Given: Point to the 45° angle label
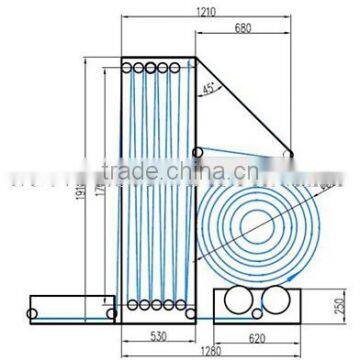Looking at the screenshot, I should click(207, 89).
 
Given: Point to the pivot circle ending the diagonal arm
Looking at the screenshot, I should click(290, 152).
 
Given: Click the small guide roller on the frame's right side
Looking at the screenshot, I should click(198, 151).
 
